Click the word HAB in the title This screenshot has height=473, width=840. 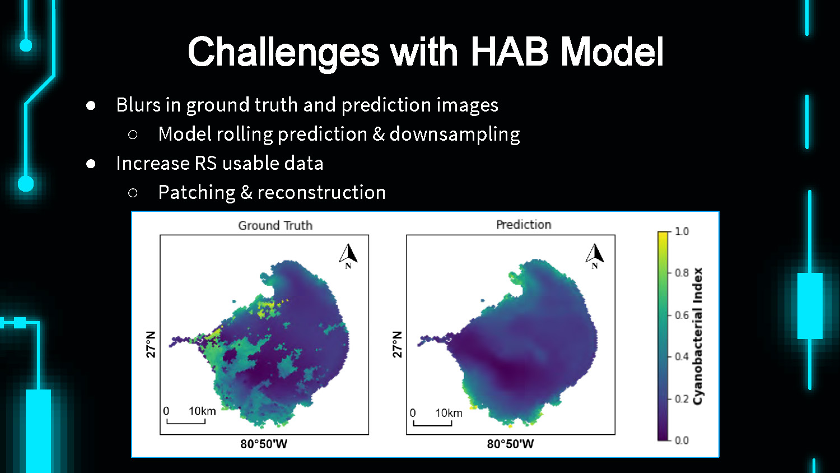(x=510, y=52)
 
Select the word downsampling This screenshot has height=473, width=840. (x=455, y=135)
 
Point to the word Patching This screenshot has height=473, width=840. (x=197, y=193)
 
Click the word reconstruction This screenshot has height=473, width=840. (x=321, y=193)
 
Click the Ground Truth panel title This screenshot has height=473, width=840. (x=276, y=225)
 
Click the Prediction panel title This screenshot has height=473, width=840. (x=524, y=225)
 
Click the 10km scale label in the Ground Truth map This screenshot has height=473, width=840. (x=202, y=411)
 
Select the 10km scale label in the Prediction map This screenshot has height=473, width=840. (x=449, y=413)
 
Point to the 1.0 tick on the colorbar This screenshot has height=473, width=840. (x=682, y=231)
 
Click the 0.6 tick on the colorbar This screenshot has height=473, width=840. (x=682, y=315)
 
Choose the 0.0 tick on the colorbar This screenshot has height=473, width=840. (x=682, y=440)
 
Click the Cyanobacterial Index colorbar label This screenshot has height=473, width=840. (x=698, y=336)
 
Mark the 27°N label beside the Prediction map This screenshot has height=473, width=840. (x=397, y=344)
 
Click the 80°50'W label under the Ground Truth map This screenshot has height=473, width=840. (x=264, y=444)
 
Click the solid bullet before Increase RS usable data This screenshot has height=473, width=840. (x=90, y=164)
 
